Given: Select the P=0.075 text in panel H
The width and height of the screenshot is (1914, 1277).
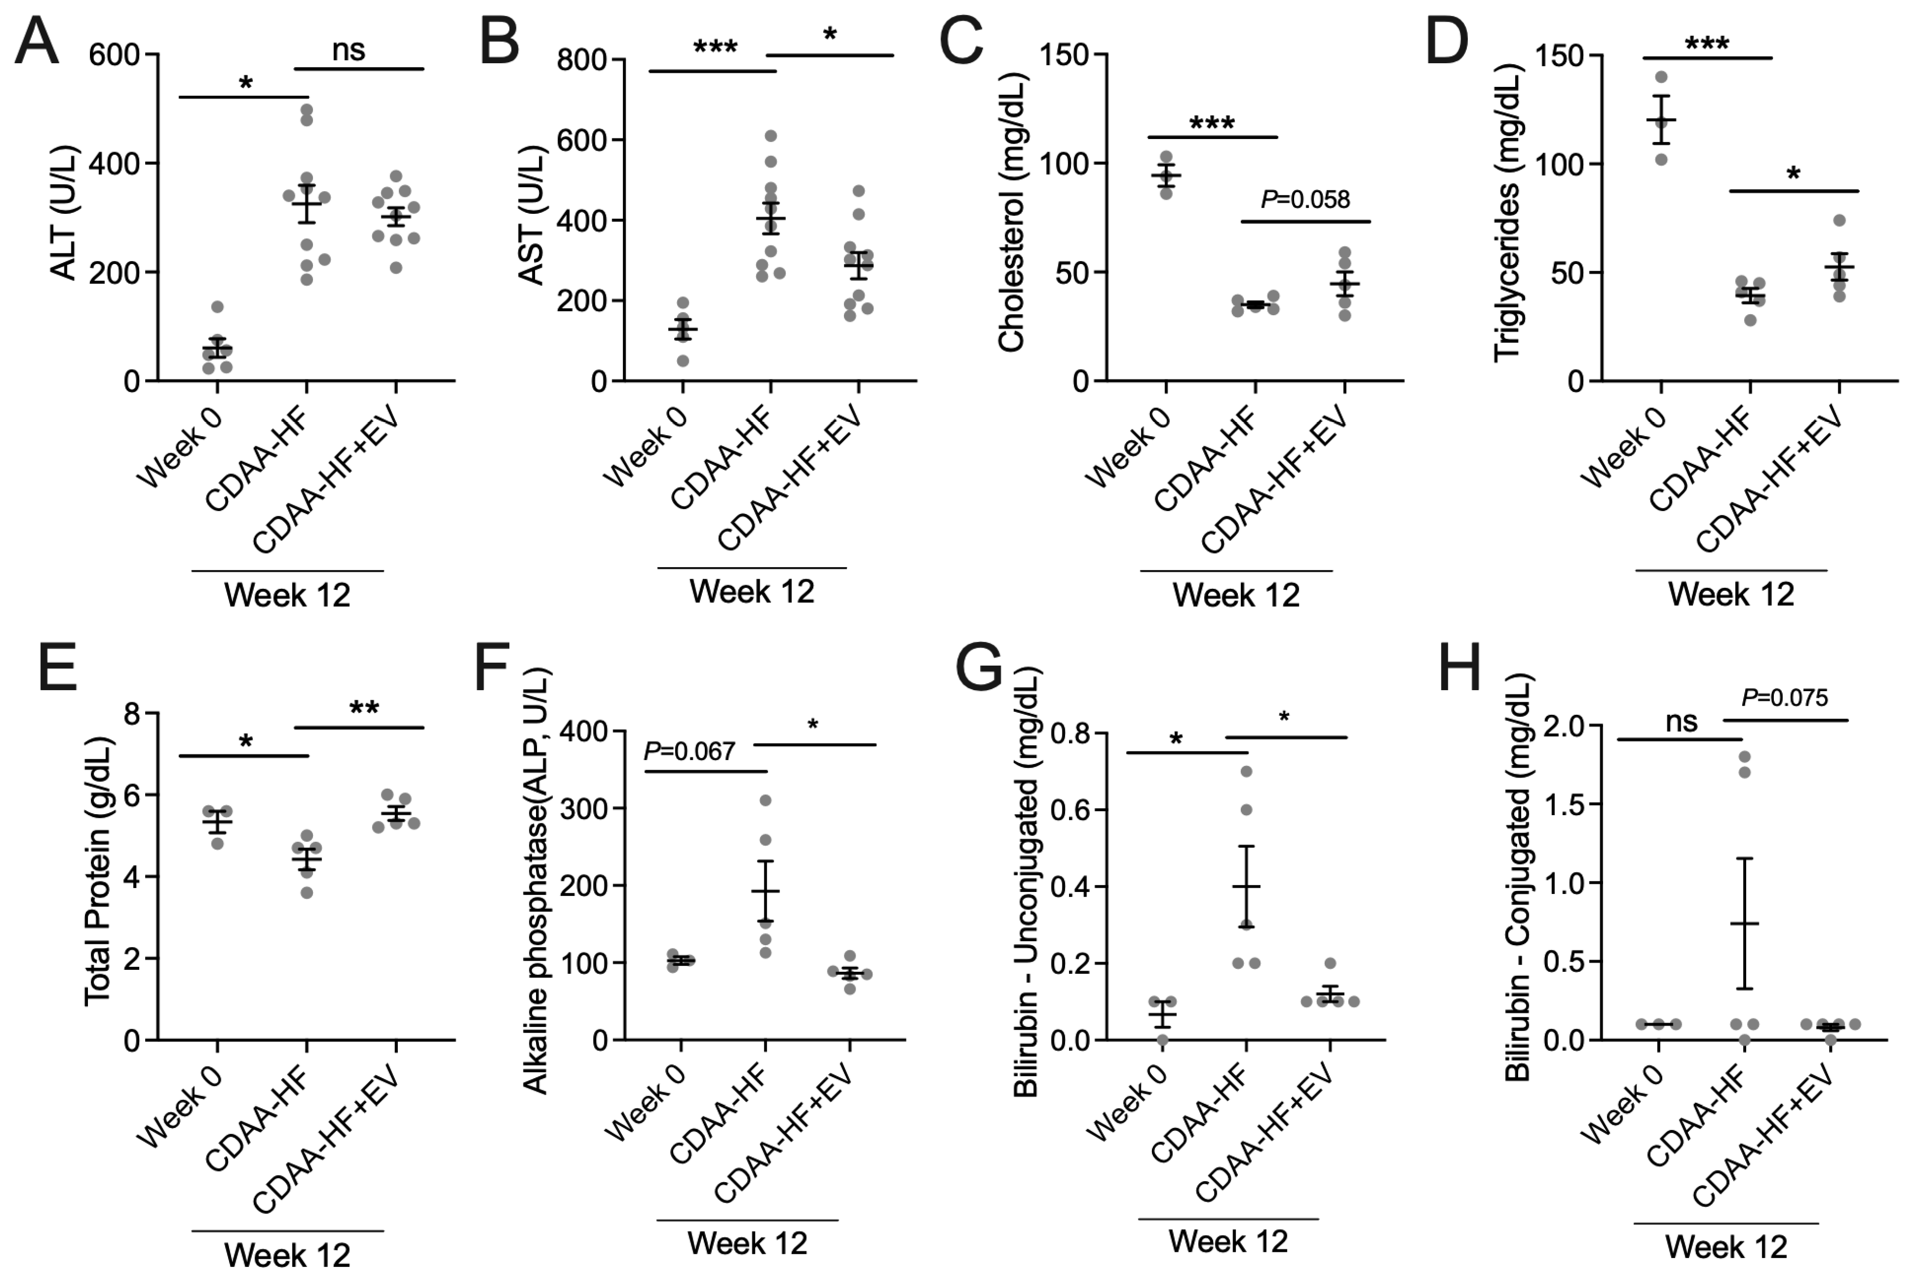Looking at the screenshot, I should click(x=1784, y=698).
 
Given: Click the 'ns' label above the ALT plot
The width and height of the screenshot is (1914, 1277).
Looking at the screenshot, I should click(x=349, y=51).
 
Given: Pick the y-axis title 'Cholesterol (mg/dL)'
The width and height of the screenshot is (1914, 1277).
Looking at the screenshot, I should click(x=1010, y=213).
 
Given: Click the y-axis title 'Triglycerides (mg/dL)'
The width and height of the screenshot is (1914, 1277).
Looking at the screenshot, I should click(x=1508, y=213).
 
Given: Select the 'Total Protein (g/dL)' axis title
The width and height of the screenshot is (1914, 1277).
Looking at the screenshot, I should click(x=98, y=871).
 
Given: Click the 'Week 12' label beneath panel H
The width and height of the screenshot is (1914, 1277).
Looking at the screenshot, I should click(x=1726, y=1246).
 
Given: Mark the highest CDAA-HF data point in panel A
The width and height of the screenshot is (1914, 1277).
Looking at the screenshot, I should click(x=306, y=109).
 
